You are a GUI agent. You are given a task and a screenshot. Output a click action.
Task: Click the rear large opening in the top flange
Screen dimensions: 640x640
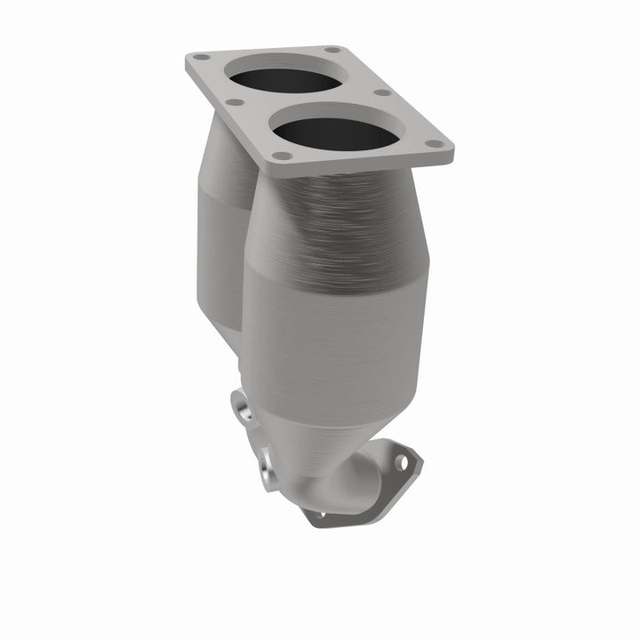tap(285, 76)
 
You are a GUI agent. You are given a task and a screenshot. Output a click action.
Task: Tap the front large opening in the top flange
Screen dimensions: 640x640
tap(335, 134)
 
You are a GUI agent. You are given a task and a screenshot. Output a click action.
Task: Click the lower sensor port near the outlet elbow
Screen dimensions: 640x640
tap(268, 467)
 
